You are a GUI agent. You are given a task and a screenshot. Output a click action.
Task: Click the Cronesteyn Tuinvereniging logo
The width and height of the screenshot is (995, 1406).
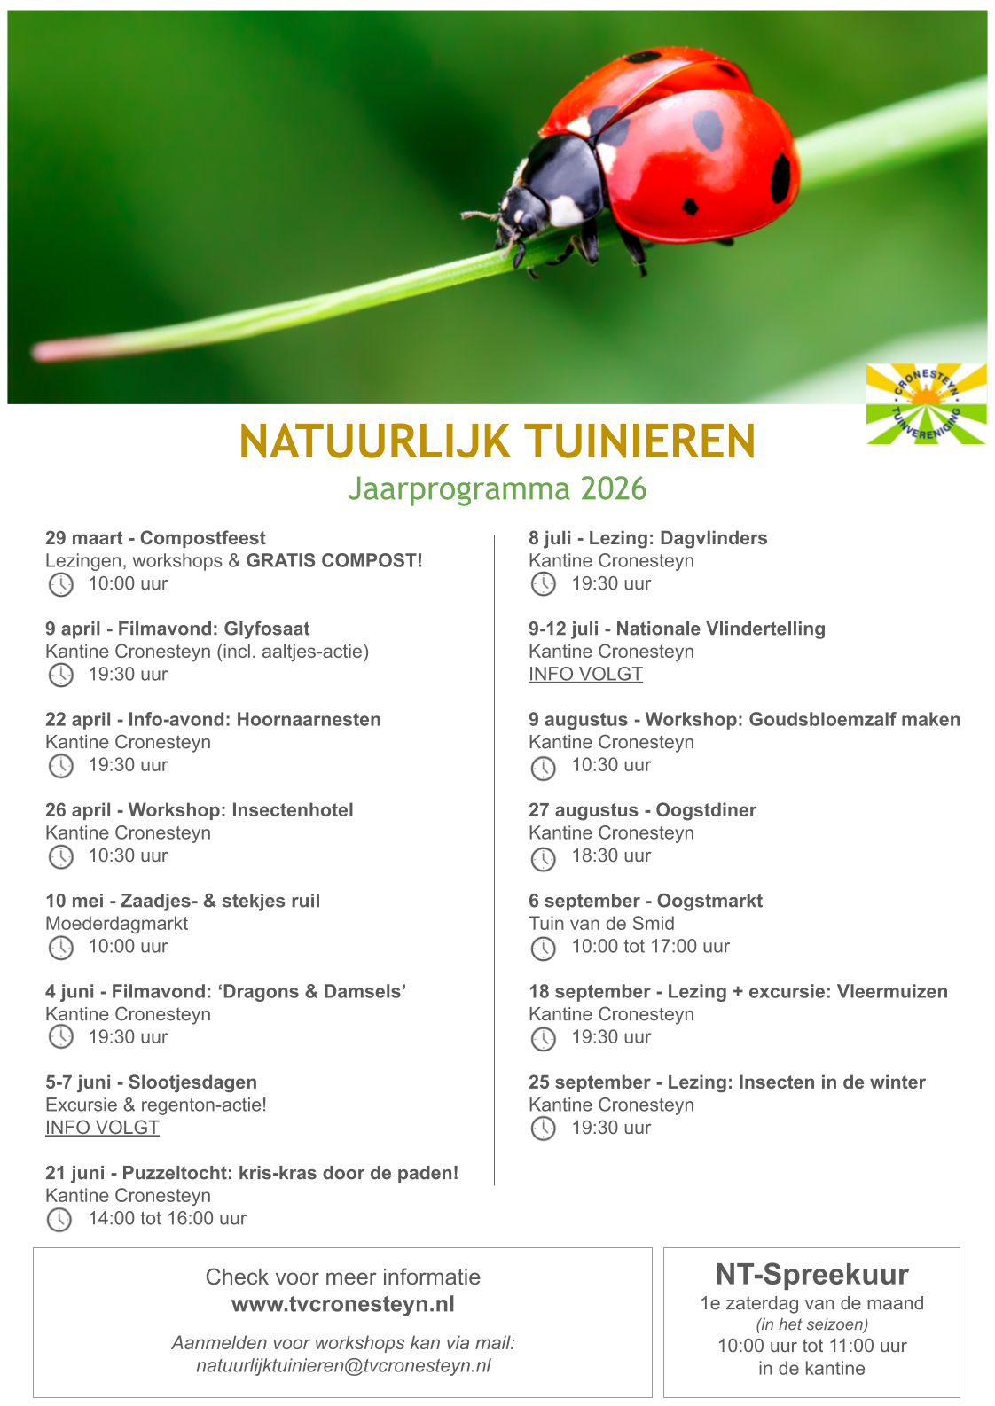tap(926, 403)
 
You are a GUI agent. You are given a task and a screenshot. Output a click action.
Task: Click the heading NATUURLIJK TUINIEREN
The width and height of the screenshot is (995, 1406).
tap(497, 441)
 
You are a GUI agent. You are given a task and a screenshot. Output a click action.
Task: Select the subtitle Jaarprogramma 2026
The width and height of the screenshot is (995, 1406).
tap(497, 488)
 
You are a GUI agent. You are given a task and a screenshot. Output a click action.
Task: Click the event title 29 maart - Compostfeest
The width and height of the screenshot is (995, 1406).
tap(155, 538)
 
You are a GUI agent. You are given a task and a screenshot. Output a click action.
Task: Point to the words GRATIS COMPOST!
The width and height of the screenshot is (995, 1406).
tap(334, 561)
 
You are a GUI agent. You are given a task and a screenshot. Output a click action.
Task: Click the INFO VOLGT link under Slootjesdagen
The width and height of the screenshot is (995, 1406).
tap(102, 1128)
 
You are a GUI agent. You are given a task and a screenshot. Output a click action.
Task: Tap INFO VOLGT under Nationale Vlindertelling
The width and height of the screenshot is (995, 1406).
tap(585, 674)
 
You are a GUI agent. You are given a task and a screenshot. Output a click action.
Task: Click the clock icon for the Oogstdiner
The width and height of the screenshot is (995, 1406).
tap(543, 858)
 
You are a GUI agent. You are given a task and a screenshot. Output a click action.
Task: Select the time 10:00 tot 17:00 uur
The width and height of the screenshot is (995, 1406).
tap(650, 947)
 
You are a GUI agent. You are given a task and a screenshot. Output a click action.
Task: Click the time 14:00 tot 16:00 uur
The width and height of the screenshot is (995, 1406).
tap(167, 1219)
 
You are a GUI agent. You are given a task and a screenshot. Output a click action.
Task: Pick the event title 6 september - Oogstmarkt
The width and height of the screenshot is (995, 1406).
tap(645, 901)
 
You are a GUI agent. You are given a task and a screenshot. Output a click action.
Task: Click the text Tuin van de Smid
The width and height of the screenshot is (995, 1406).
tap(601, 924)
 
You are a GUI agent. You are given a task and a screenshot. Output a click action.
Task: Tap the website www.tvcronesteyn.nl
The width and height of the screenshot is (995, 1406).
tap(342, 1305)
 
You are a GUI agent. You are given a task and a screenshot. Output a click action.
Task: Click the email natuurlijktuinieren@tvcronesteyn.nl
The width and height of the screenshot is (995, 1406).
tap(343, 1366)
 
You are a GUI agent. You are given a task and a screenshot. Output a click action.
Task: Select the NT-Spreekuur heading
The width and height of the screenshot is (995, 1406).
tap(811, 1275)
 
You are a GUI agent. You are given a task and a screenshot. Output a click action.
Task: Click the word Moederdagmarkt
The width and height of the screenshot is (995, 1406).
tap(116, 924)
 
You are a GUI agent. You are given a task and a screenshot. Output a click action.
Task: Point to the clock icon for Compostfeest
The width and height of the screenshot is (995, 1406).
tap(60, 584)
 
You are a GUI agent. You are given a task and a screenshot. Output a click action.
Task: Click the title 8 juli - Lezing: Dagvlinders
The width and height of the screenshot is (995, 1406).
tap(647, 538)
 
